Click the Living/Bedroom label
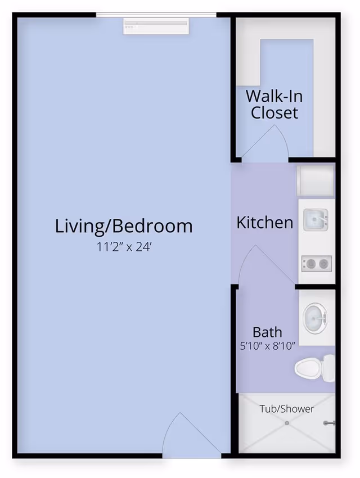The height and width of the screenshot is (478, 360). point(123,226)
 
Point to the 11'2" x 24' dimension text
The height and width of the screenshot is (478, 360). point(124,247)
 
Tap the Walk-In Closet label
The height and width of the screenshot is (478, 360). point(274,104)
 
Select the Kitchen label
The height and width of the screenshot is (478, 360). point(264,223)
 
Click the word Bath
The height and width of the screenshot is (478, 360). point(267,332)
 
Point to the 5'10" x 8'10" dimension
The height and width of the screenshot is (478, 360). point(267,346)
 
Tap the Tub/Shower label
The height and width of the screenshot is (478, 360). point(286,409)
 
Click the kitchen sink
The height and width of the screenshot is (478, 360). point(316,220)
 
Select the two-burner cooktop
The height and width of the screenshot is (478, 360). point(317,263)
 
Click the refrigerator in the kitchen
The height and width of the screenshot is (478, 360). point(315,181)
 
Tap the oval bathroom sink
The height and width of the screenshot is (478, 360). point(315,318)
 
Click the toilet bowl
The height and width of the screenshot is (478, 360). point(308,368)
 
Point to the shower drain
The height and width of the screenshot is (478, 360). point(287,423)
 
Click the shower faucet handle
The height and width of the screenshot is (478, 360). point(329,423)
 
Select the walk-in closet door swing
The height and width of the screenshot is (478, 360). point(265,143)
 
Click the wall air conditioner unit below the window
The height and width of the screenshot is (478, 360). point(156,26)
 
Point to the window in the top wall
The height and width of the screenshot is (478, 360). point(156,15)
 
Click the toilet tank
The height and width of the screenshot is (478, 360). point(328,368)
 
